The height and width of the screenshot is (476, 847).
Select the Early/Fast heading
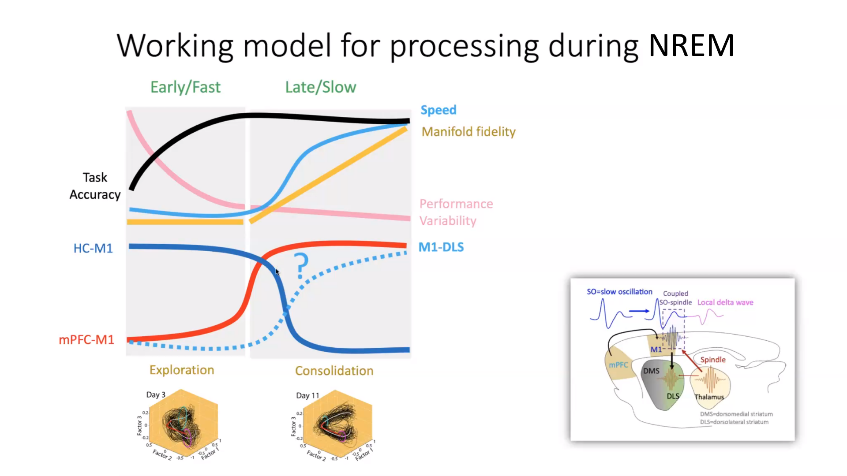coord(185,87)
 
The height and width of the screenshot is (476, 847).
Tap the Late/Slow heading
coord(321,87)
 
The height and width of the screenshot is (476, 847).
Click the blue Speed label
coord(438,110)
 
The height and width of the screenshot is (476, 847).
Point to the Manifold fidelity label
coord(468,131)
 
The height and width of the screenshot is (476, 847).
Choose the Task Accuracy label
coord(95,186)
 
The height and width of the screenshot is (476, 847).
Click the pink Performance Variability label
coord(455,212)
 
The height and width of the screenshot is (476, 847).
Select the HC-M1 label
coord(93,248)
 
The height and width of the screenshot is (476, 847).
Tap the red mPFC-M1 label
coord(86,339)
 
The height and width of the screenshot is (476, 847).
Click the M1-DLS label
coord(441,247)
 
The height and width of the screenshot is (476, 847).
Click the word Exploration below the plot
coord(182,370)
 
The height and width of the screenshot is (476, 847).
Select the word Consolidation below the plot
coord(334,371)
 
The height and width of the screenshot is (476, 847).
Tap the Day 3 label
coord(156,394)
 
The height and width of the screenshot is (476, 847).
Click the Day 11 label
coord(307,395)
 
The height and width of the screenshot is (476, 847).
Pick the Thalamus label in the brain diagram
coord(709,397)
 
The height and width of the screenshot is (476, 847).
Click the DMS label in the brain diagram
coord(651,371)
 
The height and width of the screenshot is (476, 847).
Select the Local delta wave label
coord(725,302)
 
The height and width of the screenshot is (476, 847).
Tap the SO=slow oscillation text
coord(619,292)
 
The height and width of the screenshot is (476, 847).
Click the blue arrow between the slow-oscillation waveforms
coord(639,311)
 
